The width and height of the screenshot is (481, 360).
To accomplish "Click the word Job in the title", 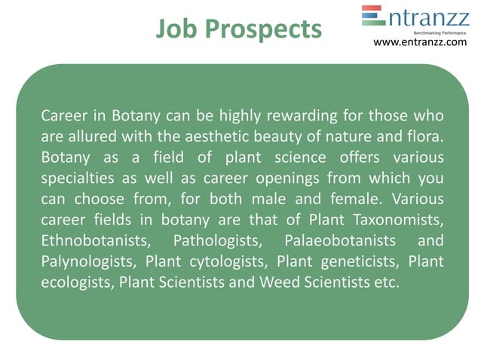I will click(x=180, y=29).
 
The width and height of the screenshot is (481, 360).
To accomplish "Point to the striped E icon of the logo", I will click(x=373, y=17).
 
